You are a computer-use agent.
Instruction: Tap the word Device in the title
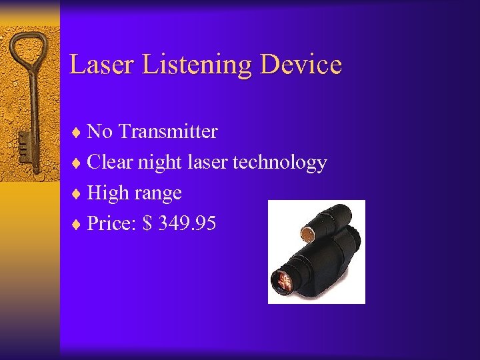[x=301, y=65]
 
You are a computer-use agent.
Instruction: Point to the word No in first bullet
[x=100, y=131]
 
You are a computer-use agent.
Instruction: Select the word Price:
[x=111, y=223]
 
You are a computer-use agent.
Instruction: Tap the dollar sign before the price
[x=145, y=223]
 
